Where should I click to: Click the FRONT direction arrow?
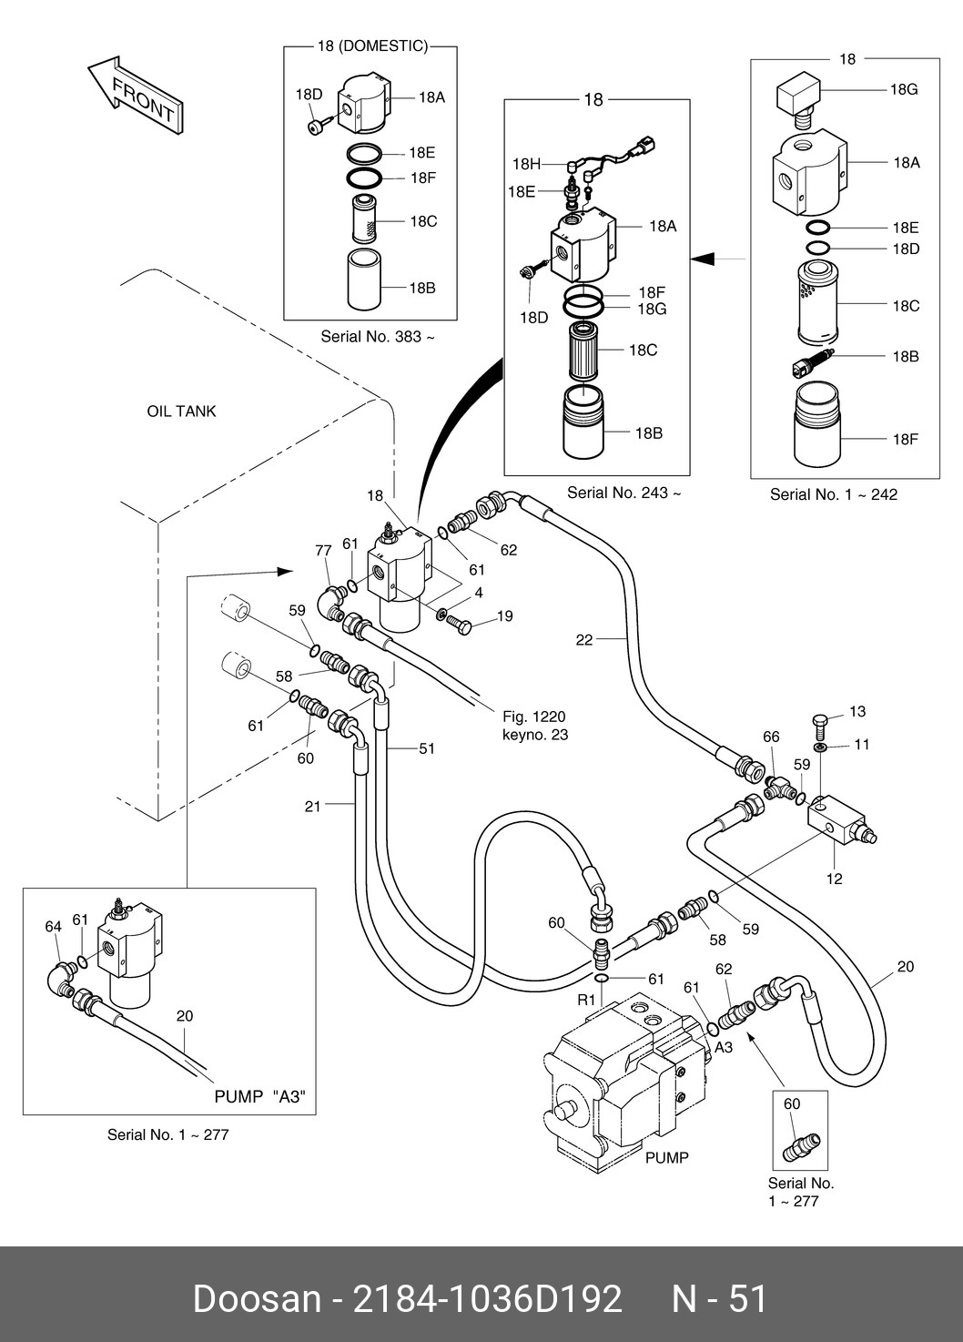135,97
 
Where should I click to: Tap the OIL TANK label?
181,412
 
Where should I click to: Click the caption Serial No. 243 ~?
623,493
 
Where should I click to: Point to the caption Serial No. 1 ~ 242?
833,494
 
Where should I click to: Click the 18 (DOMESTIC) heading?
371,46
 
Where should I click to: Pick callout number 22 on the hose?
583,640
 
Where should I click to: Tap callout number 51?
426,748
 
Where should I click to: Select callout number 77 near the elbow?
323,551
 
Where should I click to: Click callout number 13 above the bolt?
857,712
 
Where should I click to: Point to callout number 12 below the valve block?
834,879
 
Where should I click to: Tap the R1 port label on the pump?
586,999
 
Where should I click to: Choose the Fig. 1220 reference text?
533,717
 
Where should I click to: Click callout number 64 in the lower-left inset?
54,927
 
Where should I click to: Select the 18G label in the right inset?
903,89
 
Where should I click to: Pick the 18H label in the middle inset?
526,165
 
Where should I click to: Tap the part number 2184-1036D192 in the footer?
487,1298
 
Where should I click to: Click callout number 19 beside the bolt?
504,616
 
